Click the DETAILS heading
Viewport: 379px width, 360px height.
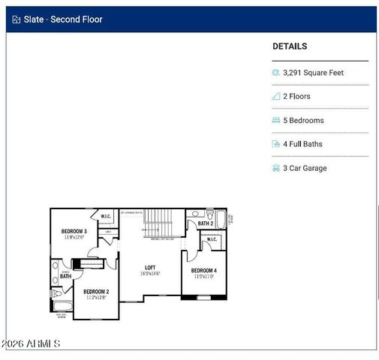click(290, 46)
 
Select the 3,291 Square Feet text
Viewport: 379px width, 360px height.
click(314, 73)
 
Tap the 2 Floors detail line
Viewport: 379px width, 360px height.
click(296, 97)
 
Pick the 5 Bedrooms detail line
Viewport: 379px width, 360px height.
click(303, 121)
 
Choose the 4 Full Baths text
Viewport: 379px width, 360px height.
click(302, 144)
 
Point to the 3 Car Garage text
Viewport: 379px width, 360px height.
click(305, 169)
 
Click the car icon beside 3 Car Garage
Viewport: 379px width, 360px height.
click(275, 169)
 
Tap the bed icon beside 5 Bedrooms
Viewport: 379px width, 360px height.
click(275, 121)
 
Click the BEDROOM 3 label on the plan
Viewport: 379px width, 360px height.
click(74, 231)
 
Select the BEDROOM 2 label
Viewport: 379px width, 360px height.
click(96, 291)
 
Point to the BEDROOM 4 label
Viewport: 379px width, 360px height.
click(203, 270)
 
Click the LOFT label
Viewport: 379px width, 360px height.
click(150, 267)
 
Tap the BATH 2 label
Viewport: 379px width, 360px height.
click(206, 223)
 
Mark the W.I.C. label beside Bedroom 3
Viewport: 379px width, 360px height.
click(106, 217)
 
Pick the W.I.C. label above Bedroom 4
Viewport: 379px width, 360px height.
click(212, 240)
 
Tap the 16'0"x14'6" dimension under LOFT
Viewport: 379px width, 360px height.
click(150, 274)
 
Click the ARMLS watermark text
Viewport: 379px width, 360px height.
click(31, 343)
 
